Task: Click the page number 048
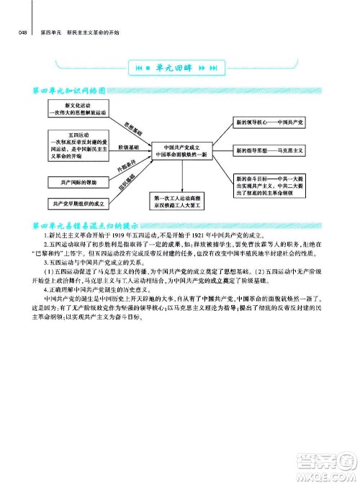click(22, 33)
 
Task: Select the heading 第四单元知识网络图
click(66, 91)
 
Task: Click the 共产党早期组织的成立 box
click(74, 204)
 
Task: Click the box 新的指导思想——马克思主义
click(270, 151)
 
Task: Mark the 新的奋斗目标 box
click(270, 184)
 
